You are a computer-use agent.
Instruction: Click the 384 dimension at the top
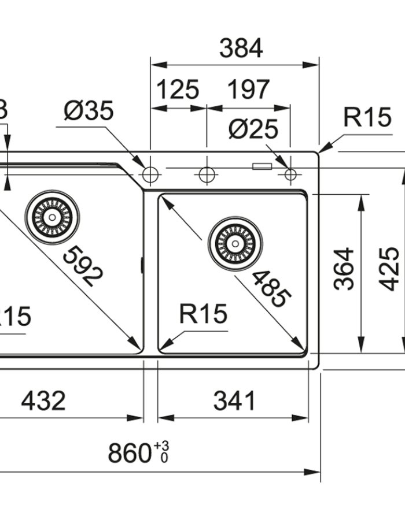pyautogui.click(x=241, y=49)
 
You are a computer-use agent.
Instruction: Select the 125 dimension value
pyautogui.click(x=178, y=90)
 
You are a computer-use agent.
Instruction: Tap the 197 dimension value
pyautogui.click(x=248, y=90)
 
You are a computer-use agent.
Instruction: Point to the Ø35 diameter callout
pyautogui.click(x=89, y=111)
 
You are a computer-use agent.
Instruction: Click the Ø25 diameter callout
pyautogui.click(x=253, y=129)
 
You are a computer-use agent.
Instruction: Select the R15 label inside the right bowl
pyautogui.click(x=203, y=315)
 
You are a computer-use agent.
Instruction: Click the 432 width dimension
pyautogui.click(x=43, y=400)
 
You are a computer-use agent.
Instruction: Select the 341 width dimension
pyautogui.click(x=234, y=400)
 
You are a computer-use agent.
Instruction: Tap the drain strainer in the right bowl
pyautogui.click(x=235, y=243)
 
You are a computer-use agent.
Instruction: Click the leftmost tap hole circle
pyautogui.click(x=150, y=174)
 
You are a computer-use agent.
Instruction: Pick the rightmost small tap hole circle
pyautogui.click(x=290, y=174)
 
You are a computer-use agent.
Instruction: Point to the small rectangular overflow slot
pyautogui.click(x=262, y=168)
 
